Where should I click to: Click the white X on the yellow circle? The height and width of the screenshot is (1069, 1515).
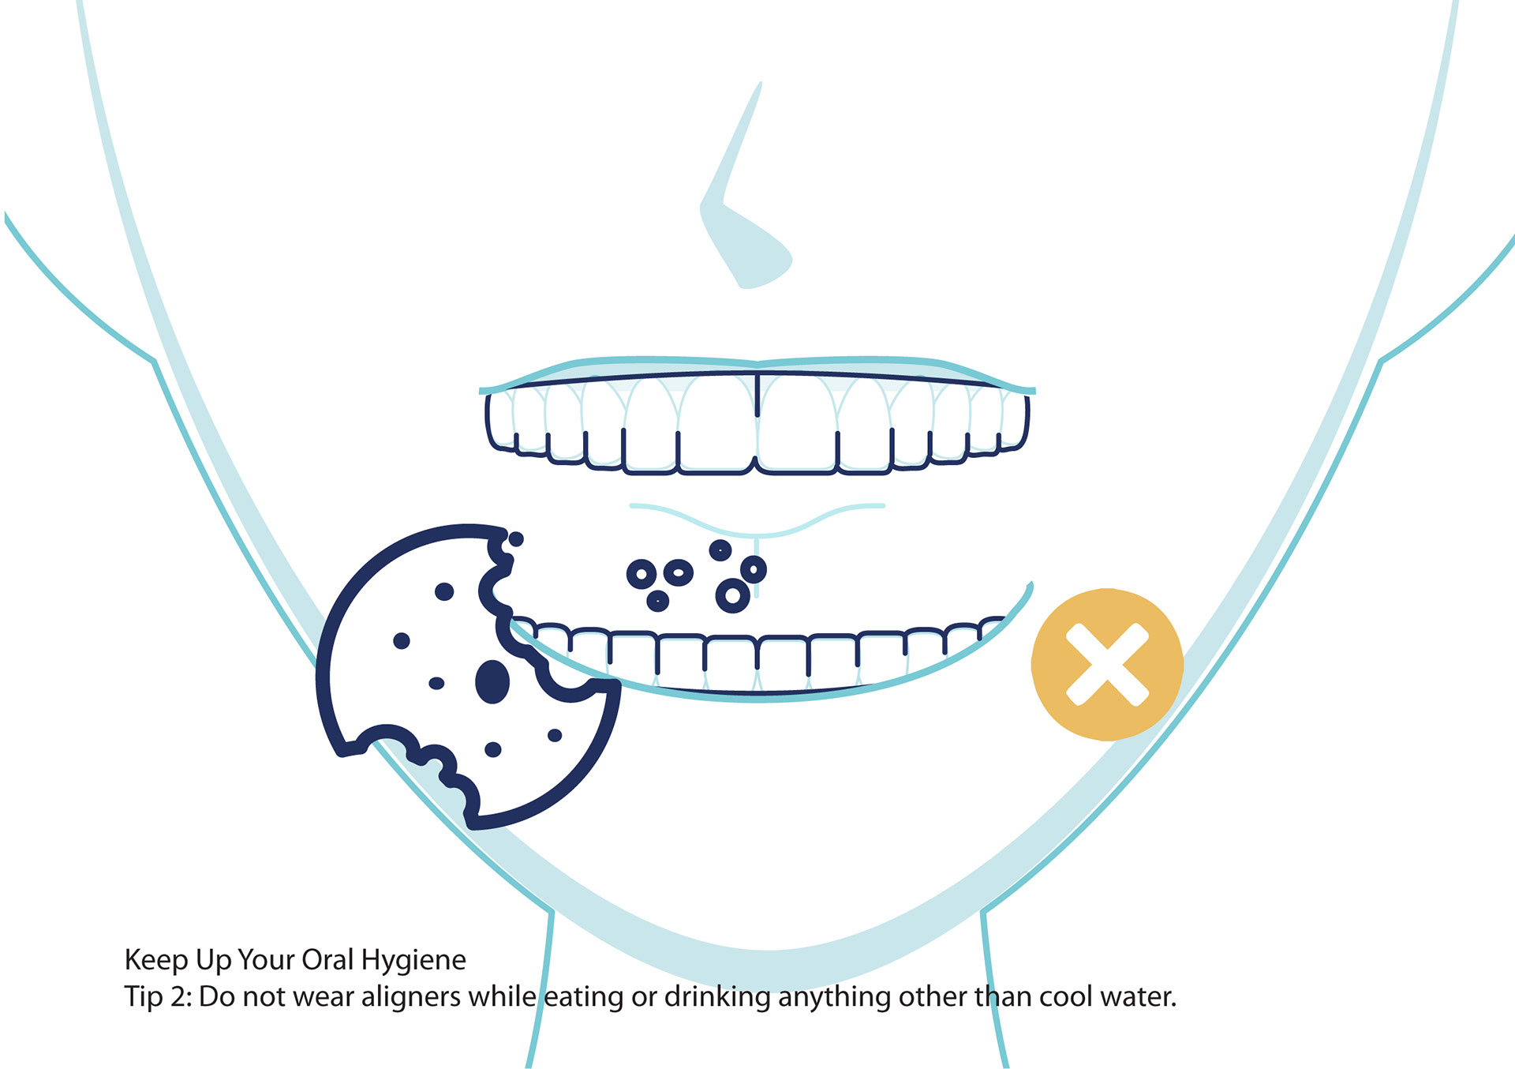coord(1107,664)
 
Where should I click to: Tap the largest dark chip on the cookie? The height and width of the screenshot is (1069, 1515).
coord(492,681)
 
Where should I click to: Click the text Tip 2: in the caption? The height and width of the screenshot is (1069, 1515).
coord(158,997)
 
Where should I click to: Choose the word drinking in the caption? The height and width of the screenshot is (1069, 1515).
coord(716,998)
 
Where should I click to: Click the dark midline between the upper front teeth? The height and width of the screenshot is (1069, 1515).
coord(757,395)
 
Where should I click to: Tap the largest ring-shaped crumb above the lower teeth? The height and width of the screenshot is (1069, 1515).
coord(732,595)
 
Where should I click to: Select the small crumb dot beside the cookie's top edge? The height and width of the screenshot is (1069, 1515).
coord(516,539)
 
